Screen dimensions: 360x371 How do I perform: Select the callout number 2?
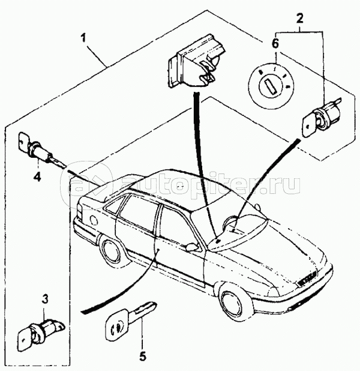coord(299,18)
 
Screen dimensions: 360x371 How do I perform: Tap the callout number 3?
coord(45,299)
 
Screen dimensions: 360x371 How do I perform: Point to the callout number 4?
coord(37,176)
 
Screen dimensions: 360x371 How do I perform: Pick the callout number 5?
coord(143,356)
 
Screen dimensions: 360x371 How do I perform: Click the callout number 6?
coord(275,44)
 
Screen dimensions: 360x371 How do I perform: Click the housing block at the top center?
coord(196,61)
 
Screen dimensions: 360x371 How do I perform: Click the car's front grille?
coord(305,279)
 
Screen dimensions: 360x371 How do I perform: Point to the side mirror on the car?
coord(192,246)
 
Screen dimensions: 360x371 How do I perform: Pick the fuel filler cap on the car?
coord(94,220)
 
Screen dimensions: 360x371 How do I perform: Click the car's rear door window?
coord(139,213)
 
